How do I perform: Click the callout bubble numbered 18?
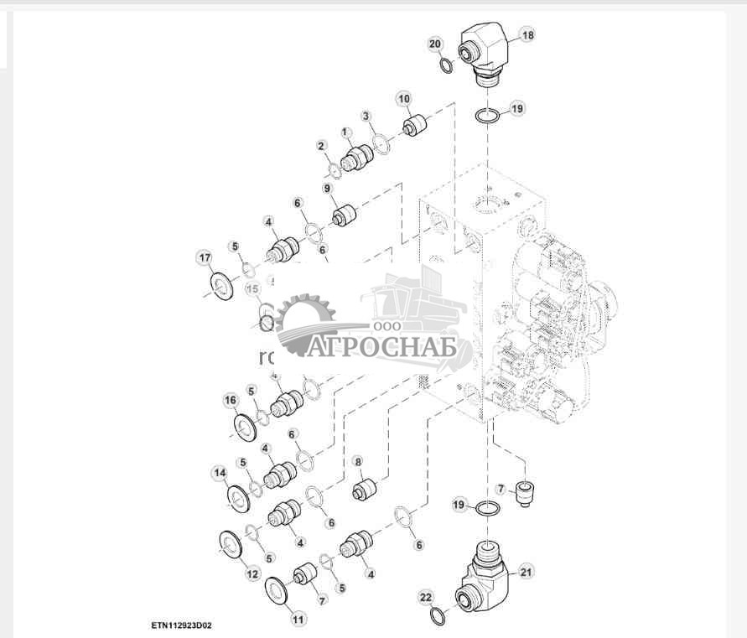point(527,35)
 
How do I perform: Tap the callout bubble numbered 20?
point(435,44)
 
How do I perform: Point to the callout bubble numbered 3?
point(366,116)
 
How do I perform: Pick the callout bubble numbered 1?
point(345,132)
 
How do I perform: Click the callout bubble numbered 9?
point(329,189)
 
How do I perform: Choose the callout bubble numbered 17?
point(204,257)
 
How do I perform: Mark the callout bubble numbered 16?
point(231,401)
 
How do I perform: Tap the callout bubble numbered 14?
point(220,473)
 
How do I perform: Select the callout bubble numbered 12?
point(252,573)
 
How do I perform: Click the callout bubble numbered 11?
point(298,619)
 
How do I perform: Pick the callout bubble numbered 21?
point(527,573)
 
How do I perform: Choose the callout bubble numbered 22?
point(426,597)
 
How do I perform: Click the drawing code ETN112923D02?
point(182,625)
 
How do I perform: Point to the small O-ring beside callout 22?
point(437,618)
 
